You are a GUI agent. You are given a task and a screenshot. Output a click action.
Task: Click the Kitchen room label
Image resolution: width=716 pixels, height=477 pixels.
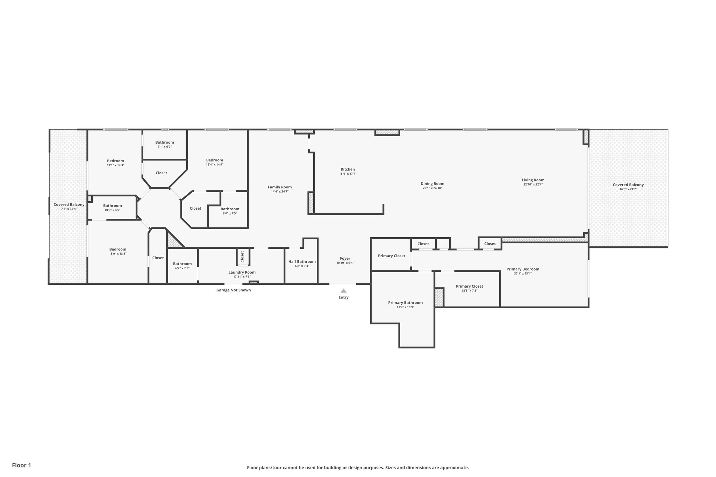(348, 169)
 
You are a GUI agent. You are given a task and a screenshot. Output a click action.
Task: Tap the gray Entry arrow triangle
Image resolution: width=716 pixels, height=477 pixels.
(344, 291)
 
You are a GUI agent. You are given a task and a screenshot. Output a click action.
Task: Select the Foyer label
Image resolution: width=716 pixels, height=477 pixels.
(345, 259)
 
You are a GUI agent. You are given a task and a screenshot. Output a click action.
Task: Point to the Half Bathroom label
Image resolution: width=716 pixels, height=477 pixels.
(302, 261)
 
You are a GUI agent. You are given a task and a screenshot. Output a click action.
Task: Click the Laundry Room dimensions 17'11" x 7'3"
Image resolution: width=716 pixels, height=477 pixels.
(242, 277)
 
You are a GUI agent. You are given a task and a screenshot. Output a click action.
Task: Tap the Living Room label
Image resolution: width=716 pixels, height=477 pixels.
(533, 180)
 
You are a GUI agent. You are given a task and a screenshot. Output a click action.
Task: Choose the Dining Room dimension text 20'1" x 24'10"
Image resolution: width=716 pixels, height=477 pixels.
(432, 188)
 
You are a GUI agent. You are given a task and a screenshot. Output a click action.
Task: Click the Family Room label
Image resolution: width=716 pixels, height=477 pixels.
(280, 187)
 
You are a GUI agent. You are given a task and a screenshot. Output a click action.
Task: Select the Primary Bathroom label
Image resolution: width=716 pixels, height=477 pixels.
(406, 303)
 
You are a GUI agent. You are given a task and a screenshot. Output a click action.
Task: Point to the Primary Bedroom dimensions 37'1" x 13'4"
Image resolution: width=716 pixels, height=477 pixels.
(523, 274)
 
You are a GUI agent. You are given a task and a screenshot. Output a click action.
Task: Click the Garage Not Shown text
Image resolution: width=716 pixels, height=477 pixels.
(234, 290)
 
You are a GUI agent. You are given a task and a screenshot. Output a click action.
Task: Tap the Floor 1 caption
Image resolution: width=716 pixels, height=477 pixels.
(22, 465)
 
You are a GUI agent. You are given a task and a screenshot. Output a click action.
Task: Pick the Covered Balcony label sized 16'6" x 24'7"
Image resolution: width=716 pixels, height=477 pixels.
(628, 185)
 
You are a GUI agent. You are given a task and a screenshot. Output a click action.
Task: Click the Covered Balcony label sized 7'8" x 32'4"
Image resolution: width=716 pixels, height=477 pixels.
(69, 204)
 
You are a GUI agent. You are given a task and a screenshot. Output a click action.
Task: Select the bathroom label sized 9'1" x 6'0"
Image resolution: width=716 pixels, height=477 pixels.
(165, 142)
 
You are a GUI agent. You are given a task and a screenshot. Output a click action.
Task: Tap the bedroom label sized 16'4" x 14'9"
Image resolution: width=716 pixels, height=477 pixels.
(215, 160)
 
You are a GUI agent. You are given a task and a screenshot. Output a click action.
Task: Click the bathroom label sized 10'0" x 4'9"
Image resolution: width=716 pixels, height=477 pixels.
(113, 206)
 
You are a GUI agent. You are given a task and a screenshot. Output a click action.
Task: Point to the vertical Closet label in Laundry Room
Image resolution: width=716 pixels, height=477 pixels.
(242, 257)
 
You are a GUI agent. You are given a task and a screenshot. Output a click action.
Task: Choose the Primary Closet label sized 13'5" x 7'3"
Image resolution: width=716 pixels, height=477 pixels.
(470, 286)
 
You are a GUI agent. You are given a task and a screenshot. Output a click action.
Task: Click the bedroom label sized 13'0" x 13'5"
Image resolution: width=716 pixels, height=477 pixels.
(118, 250)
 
